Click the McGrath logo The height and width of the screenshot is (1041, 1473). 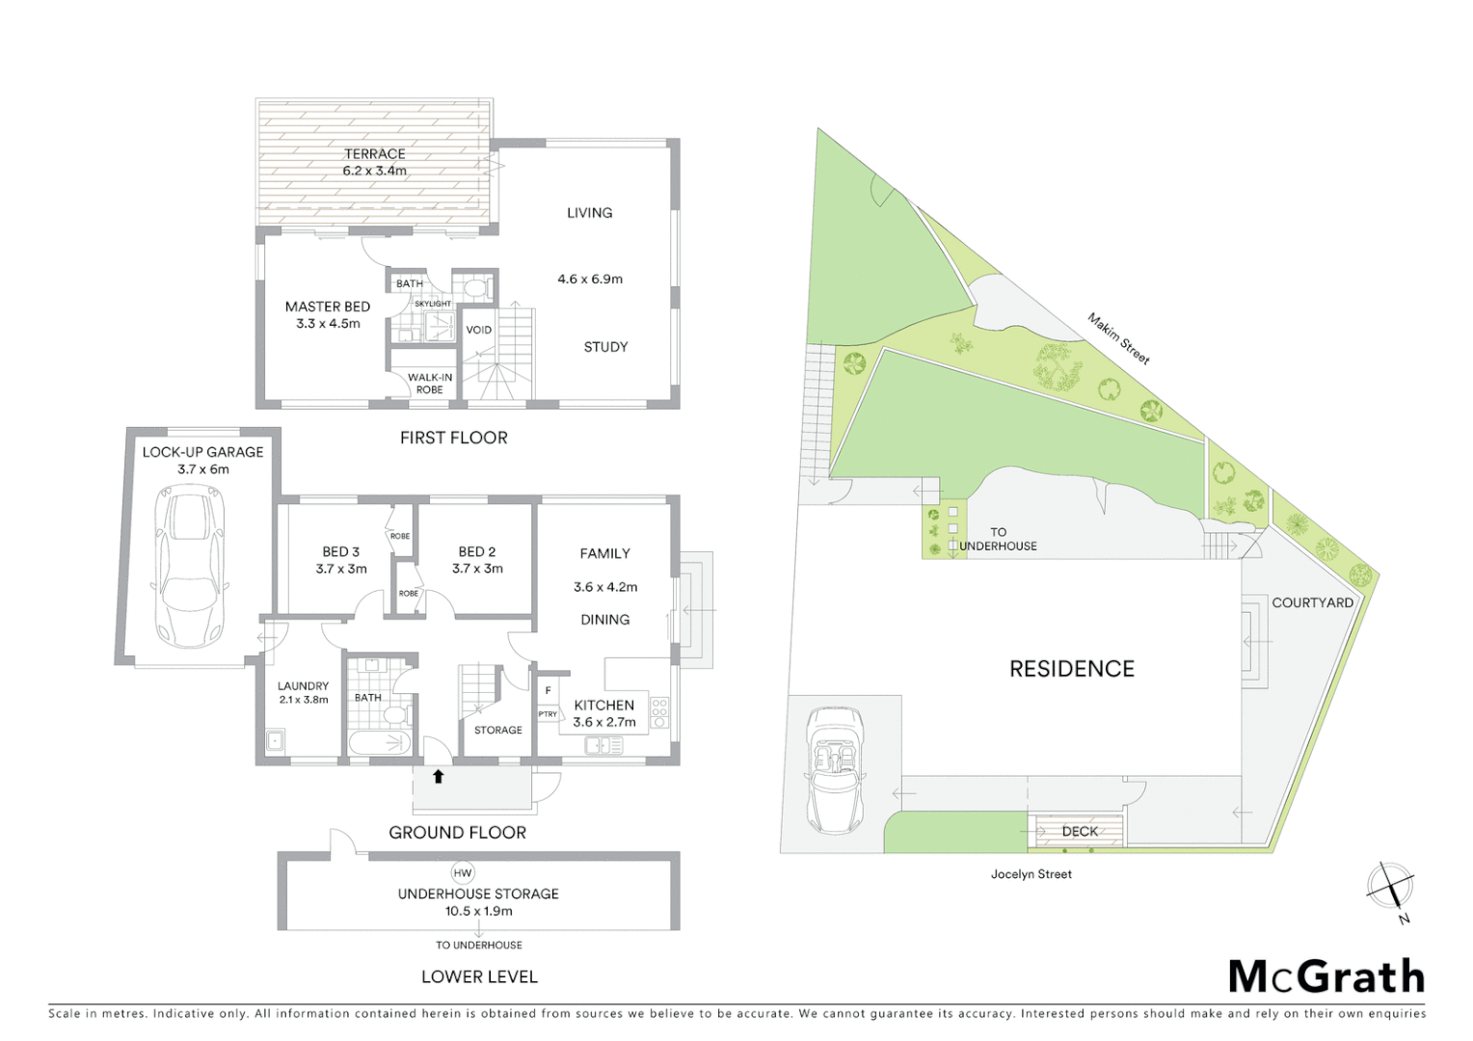point(1326,976)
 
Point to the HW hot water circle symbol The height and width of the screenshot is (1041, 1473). point(463,873)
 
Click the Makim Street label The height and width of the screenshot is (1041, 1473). point(1118,338)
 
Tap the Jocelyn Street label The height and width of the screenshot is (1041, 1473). point(1031,874)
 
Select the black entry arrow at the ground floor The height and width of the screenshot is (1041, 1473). point(438,776)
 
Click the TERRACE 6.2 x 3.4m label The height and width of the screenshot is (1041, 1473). point(375,162)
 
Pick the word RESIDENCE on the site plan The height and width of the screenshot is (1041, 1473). point(1071,669)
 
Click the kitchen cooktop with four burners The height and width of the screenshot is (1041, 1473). point(659,712)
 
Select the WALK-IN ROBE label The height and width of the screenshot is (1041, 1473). point(430,384)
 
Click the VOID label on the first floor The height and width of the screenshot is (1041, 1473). point(479,330)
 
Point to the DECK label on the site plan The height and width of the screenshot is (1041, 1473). point(1079,831)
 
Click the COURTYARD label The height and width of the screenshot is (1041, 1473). point(1312,602)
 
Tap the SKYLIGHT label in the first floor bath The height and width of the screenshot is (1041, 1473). point(433,304)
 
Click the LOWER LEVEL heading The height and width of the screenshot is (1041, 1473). point(479,976)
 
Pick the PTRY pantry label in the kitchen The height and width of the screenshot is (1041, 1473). point(548,714)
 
